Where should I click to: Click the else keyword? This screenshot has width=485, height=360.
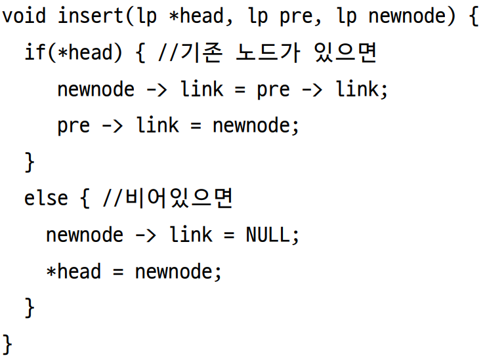coord(46,197)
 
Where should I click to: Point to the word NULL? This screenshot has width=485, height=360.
coord(267,234)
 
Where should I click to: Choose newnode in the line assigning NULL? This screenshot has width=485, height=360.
coord(85,234)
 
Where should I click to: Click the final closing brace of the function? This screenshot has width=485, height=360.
coord(8,343)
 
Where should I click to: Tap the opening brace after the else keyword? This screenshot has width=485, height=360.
coord(85,197)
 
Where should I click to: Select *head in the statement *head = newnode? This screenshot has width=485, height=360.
coord(74,271)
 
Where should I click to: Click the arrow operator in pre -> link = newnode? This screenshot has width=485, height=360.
coord(112,125)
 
